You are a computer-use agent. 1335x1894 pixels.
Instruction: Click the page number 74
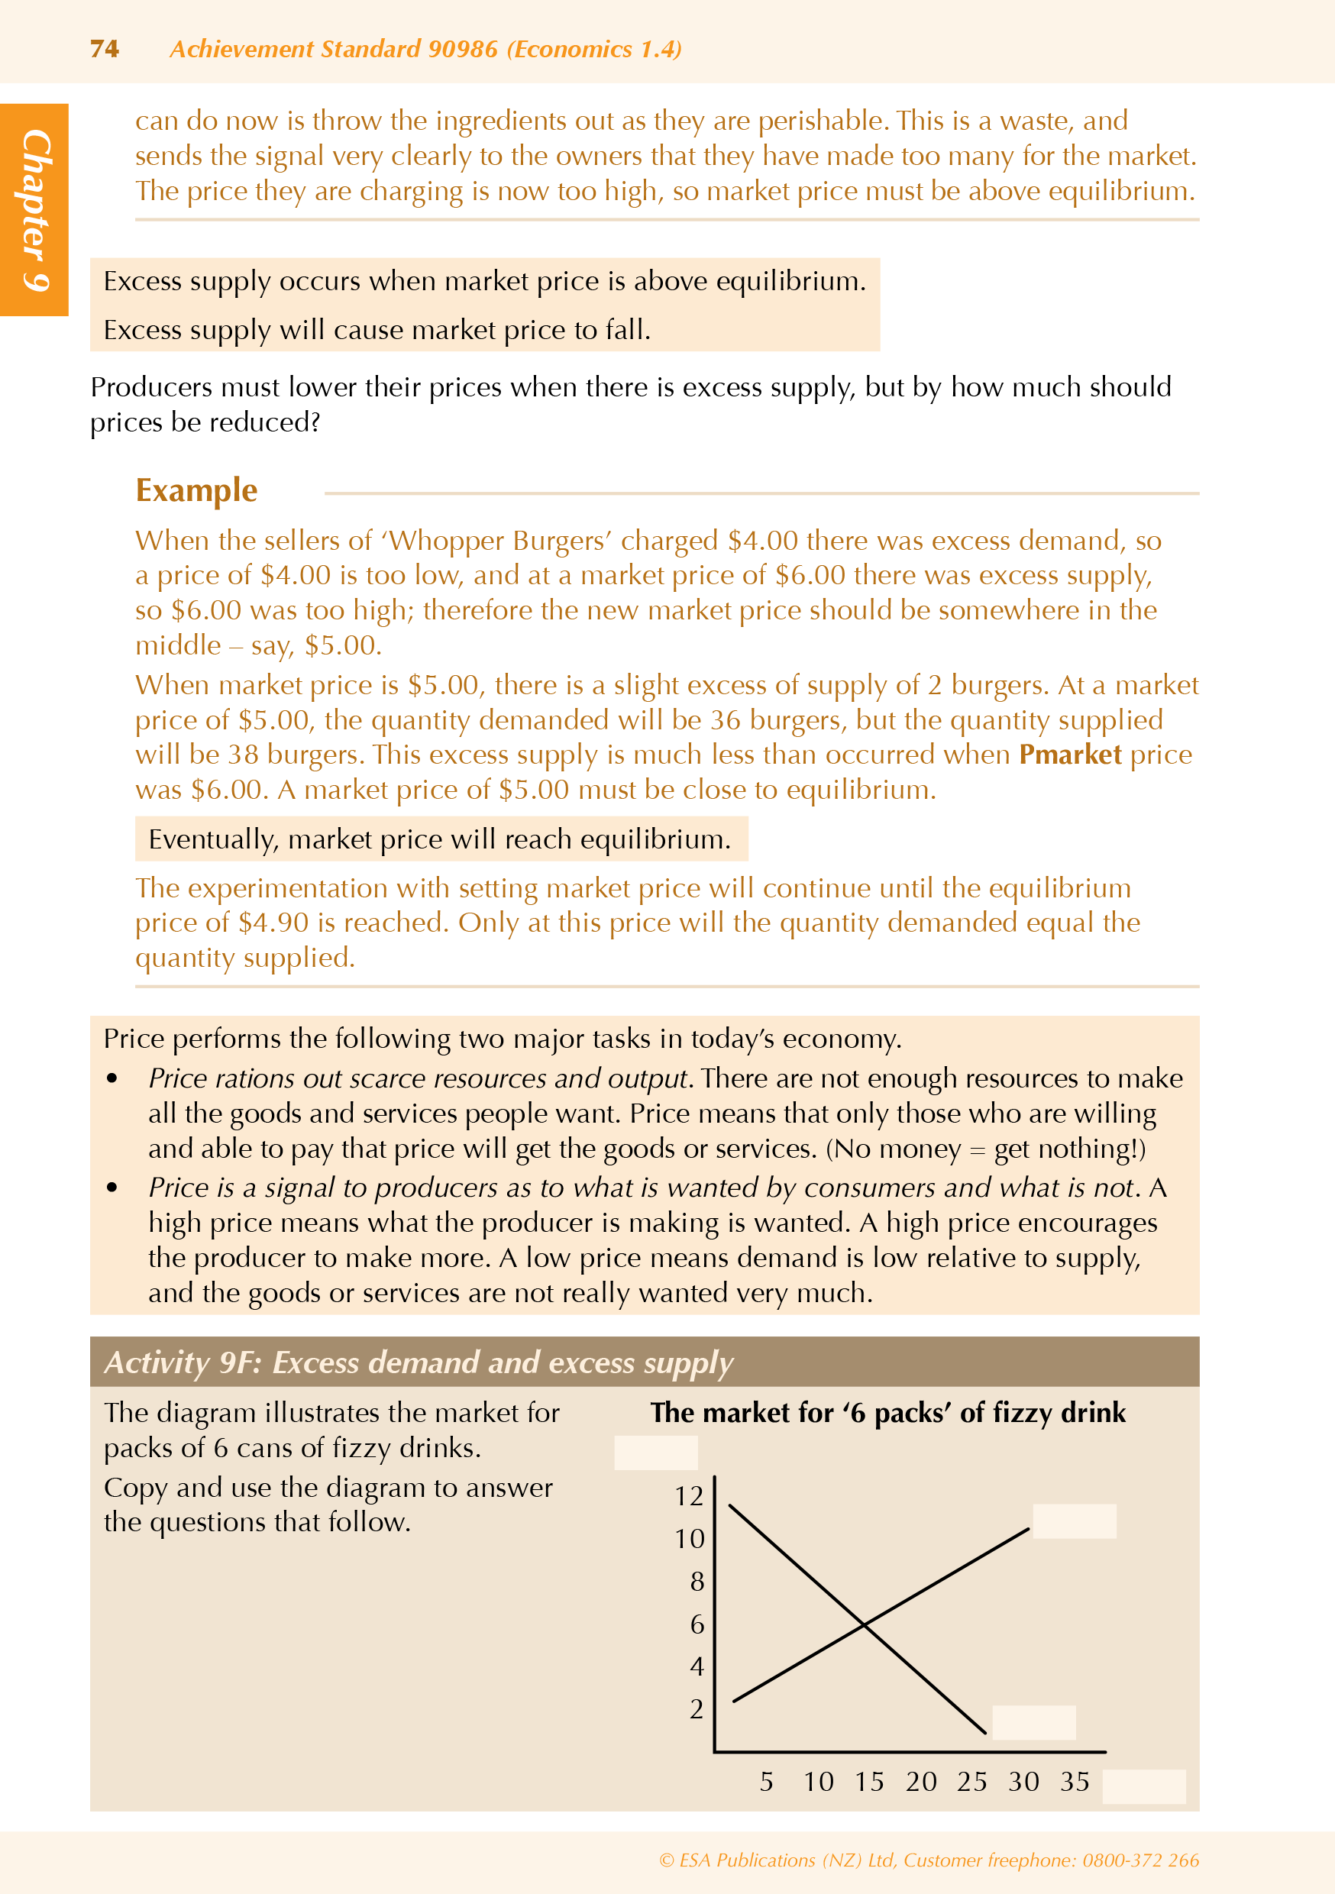point(104,50)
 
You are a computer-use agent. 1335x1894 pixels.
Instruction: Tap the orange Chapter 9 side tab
point(34,209)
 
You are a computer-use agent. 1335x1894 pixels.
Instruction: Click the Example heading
point(196,490)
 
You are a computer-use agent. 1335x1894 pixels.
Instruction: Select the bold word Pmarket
point(1069,755)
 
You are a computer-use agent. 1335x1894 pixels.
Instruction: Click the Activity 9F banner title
point(419,1362)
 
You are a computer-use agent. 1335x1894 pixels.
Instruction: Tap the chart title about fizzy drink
point(887,1412)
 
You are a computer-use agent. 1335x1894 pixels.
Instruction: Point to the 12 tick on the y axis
point(689,1496)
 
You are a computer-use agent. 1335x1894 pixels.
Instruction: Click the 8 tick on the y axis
point(697,1582)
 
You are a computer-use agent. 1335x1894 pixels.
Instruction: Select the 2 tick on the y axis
point(697,1709)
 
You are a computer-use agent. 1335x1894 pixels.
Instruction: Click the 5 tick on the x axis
point(767,1782)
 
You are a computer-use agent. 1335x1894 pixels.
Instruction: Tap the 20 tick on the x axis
point(921,1782)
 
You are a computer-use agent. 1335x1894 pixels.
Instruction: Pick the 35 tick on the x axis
point(1075,1782)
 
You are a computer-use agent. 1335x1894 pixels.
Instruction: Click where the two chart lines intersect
point(864,1624)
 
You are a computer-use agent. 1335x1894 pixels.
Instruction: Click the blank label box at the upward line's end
point(1075,1521)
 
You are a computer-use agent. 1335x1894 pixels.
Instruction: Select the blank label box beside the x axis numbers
point(1143,1787)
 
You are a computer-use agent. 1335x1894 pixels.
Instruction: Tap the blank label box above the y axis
point(656,1453)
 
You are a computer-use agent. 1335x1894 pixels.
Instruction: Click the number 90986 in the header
point(463,50)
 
